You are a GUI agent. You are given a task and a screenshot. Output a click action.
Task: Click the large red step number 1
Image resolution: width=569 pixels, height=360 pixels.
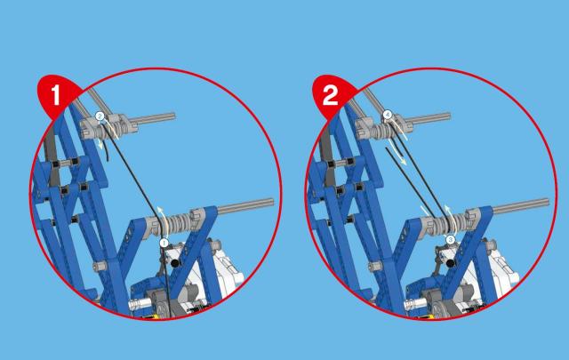(x=55, y=95)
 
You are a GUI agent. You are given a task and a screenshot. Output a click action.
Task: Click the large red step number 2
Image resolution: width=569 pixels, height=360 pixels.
(x=330, y=95)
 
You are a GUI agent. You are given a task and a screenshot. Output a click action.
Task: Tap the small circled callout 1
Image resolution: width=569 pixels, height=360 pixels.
(x=164, y=243)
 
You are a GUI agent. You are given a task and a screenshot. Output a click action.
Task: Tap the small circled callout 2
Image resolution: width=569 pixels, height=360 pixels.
(x=100, y=116)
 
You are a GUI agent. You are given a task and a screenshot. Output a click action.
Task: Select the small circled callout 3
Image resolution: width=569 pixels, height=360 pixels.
(x=451, y=240)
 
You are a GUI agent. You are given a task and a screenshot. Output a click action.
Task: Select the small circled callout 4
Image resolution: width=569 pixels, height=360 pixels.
(x=388, y=116)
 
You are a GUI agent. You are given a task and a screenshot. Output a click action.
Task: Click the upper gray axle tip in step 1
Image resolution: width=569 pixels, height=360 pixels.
(x=174, y=116)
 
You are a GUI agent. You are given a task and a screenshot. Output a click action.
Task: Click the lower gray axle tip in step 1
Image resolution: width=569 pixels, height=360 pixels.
(x=272, y=203)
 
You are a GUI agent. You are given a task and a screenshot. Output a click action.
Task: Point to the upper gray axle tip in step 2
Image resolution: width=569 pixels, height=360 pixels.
(x=449, y=116)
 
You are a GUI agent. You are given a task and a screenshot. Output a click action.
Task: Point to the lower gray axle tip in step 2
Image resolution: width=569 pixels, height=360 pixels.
(x=547, y=203)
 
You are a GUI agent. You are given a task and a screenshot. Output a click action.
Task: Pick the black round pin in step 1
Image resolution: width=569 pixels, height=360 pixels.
(x=175, y=263)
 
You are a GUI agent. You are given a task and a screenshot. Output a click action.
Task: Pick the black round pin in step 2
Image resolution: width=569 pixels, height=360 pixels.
(x=451, y=263)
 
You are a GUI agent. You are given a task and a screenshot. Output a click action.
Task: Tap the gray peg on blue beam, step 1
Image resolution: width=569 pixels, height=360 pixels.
(x=100, y=267)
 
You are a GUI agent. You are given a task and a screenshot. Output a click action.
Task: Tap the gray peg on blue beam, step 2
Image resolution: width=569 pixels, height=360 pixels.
(x=375, y=267)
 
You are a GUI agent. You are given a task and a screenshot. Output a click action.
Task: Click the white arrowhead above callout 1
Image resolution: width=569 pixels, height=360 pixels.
(x=160, y=209)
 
